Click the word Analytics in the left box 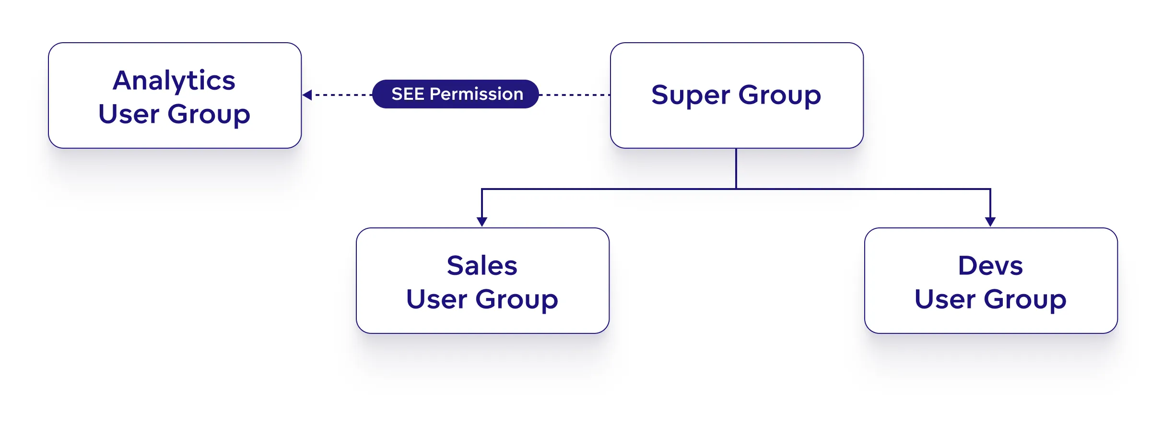(x=174, y=81)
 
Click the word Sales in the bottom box (x=482, y=266)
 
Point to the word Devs (x=990, y=266)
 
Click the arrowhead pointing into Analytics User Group (x=307, y=95)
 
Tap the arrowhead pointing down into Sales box (x=482, y=221)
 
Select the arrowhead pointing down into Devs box (x=990, y=221)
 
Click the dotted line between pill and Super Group (x=575, y=95)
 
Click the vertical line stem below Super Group (x=736, y=168)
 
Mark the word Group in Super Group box (x=780, y=95)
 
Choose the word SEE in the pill (x=408, y=94)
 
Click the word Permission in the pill (x=476, y=94)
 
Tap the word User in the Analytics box (x=129, y=114)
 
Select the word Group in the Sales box (x=517, y=300)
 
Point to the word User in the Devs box (x=945, y=300)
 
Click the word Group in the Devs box (x=1025, y=300)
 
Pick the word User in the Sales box (x=436, y=300)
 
